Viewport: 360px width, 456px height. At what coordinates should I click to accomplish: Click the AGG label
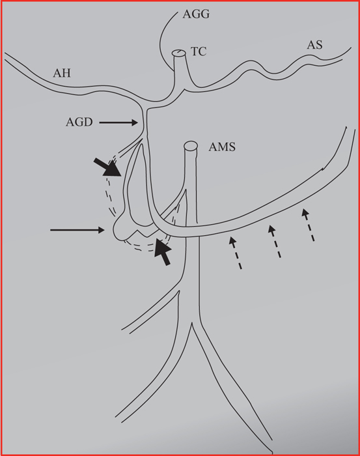pos(196,14)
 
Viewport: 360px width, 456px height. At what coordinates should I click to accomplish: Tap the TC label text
pos(199,51)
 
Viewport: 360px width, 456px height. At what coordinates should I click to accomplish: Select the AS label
pos(315,45)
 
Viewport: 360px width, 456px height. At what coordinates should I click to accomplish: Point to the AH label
pos(62,73)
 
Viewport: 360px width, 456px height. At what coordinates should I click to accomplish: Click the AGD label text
pos(79,122)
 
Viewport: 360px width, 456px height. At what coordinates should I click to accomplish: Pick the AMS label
pos(222,147)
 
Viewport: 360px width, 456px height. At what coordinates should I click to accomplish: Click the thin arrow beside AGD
pos(118,122)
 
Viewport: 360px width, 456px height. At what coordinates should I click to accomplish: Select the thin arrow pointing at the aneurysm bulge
pos(77,230)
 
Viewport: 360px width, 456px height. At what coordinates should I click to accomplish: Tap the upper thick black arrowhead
pos(107,167)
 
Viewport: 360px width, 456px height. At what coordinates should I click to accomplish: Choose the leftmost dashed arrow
pos(235,253)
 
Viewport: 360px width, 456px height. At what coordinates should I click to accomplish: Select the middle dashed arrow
pos(275,242)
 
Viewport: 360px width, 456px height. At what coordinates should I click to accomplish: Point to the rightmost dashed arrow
pos(308,225)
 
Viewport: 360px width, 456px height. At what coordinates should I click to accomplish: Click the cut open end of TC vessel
pos(178,53)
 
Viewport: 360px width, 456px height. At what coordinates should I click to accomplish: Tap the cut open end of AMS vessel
pos(191,145)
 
